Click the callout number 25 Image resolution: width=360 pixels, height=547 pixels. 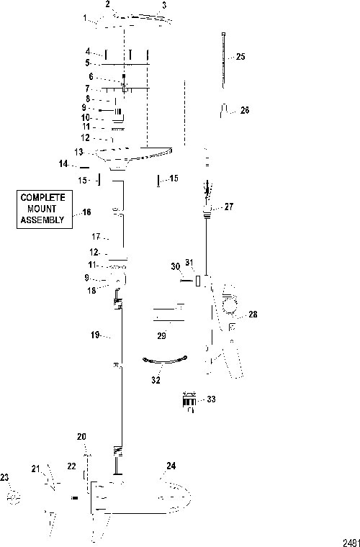point(240,57)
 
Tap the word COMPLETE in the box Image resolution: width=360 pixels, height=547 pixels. point(43,197)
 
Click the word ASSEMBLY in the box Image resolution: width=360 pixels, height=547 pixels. point(42,220)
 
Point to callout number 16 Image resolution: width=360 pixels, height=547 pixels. point(86,212)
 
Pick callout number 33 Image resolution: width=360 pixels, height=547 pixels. point(212,399)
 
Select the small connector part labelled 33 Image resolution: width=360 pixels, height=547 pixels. point(189,401)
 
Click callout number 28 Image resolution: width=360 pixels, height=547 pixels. point(253,315)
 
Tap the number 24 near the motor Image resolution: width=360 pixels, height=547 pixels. point(171,466)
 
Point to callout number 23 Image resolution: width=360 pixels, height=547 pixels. point(4,478)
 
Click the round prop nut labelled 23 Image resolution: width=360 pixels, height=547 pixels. point(14,498)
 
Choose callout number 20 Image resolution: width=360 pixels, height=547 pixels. point(81,436)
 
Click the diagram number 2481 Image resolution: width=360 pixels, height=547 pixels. point(351,543)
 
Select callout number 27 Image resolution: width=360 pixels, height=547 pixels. point(228,207)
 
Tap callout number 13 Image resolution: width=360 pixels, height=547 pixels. point(78,152)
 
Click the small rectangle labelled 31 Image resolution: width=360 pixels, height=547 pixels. point(198,281)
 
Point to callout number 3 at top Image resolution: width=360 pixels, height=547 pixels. point(164,6)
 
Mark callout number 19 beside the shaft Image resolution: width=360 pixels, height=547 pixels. point(95,335)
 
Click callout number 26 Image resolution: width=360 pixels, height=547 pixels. point(245,110)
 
